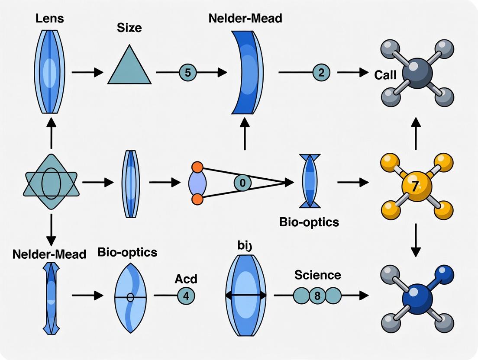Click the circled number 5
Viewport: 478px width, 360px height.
[187, 73]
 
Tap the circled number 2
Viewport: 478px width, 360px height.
[321, 73]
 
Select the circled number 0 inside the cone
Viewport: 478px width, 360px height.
[242, 183]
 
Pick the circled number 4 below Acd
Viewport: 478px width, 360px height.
[186, 296]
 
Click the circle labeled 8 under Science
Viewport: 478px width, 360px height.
[317, 296]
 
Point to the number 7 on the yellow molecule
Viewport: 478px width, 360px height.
[415, 187]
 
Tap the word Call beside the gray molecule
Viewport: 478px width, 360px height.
[385, 75]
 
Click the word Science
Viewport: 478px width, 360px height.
[317, 275]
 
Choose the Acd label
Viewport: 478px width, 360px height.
[186, 279]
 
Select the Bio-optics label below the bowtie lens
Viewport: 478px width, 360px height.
[309, 222]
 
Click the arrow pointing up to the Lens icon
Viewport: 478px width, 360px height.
[51, 134]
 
